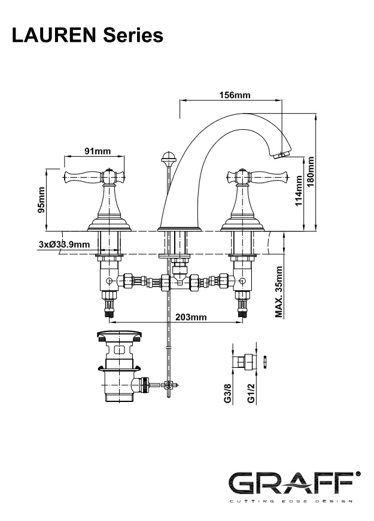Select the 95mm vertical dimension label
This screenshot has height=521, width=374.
click(41, 200)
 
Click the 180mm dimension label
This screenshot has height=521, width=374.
click(310, 172)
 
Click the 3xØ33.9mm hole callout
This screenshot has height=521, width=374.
click(64, 244)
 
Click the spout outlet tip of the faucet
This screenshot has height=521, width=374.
click(282, 155)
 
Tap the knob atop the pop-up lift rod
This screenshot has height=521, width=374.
click(168, 160)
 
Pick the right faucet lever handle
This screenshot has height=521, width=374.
click(260, 176)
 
